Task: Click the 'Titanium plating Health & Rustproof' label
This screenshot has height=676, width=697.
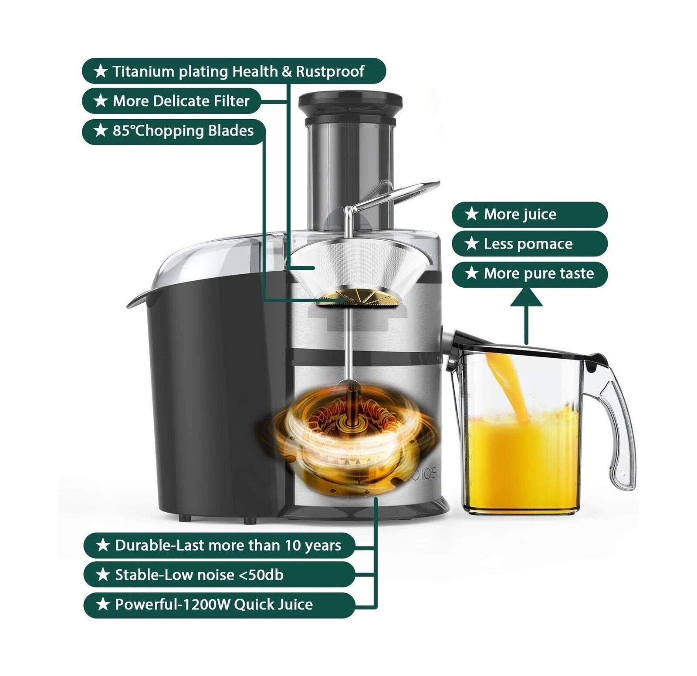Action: click(x=234, y=71)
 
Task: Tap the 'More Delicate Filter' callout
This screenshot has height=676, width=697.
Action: click(x=172, y=101)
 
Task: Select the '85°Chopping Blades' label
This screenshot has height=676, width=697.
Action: click(x=173, y=131)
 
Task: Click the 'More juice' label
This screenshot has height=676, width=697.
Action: click(x=529, y=214)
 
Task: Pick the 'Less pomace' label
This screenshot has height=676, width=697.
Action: click(x=529, y=244)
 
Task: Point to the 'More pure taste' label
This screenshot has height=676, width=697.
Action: click(x=529, y=274)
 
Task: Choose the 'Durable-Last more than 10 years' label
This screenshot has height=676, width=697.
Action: click(x=219, y=545)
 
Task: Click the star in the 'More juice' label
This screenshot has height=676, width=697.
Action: click(x=471, y=214)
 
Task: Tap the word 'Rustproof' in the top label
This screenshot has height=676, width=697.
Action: click(x=330, y=71)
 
